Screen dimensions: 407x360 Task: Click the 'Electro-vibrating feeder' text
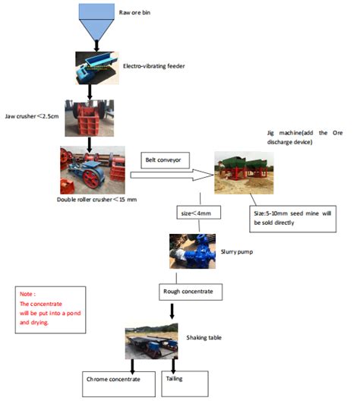(154, 66)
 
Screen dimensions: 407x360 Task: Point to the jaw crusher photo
(90, 118)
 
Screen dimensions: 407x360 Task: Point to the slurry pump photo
(190, 251)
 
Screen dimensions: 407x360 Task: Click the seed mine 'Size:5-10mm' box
(292, 219)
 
